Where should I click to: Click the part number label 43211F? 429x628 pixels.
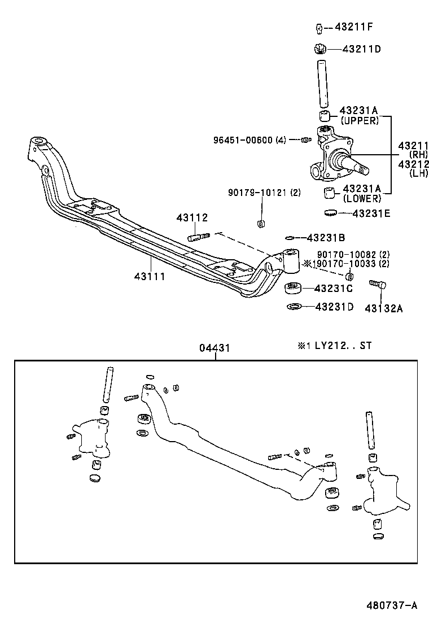354,27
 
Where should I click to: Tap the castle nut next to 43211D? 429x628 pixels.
320,49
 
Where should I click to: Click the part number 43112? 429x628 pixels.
192,217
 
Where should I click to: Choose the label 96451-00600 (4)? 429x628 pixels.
249,139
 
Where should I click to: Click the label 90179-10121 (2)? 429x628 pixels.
264,193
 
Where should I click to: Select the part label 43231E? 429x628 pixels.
371,213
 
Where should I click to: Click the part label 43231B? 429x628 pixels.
327,238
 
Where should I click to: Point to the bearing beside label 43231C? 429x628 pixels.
294,288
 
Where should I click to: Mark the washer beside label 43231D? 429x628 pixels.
294,307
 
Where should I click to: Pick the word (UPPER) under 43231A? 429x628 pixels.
359,120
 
